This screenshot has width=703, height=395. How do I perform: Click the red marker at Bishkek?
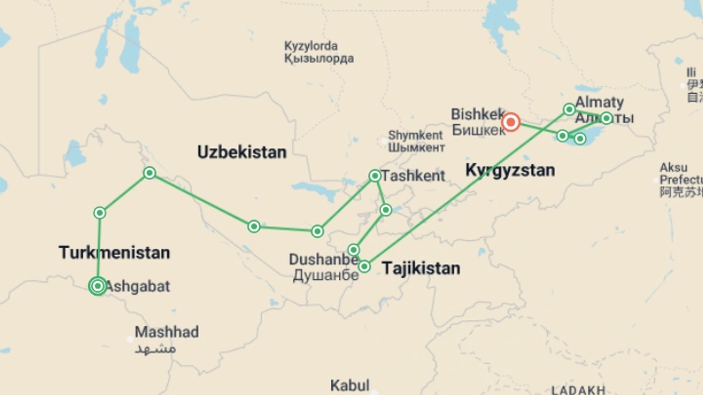510,122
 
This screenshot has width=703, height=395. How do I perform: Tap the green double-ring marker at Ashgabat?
98,286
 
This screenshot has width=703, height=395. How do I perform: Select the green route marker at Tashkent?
375,176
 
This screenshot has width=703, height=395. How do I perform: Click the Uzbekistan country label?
242,152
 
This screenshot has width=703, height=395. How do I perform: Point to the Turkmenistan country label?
114,253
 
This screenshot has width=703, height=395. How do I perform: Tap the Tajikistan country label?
421,268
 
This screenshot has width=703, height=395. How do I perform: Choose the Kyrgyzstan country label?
510,170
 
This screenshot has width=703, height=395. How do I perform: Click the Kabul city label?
350,385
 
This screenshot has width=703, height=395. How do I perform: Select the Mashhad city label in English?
167,332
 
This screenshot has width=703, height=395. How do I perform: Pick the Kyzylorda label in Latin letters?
311,46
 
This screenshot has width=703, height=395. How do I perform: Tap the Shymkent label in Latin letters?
415,135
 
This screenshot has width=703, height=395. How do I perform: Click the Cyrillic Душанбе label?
326,275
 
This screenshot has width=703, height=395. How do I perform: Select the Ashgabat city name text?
138,286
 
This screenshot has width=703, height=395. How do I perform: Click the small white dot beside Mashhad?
130,339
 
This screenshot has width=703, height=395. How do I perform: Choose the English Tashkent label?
413,176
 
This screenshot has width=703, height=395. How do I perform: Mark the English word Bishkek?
477,114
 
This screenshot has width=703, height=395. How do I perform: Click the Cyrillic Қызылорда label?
319,59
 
